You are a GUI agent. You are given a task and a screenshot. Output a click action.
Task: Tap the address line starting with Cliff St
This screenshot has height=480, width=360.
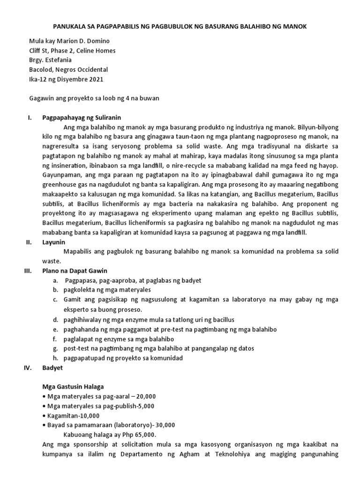(x=72, y=51)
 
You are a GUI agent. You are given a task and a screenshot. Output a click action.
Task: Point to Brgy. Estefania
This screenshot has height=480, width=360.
(x=52, y=60)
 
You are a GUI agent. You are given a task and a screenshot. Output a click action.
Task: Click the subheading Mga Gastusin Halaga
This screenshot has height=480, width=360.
(x=73, y=387)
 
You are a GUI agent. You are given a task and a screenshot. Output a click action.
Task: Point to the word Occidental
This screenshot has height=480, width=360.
(x=93, y=70)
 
